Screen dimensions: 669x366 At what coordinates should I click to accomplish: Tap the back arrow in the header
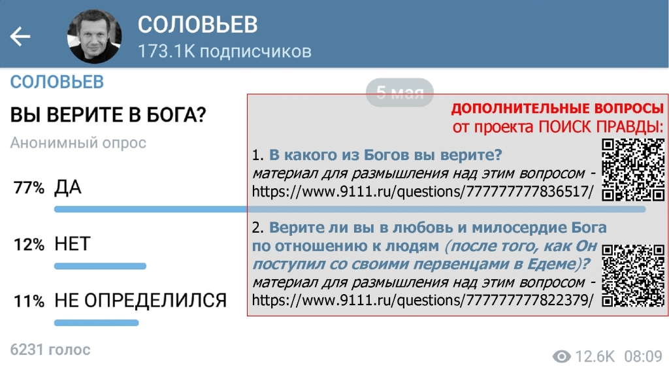(x=20, y=36)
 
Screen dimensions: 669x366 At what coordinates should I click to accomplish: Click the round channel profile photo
(x=94, y=36)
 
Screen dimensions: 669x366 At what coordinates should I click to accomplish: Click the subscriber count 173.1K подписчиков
(x=225, y=52)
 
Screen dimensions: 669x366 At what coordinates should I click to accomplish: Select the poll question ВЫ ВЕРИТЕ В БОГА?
(x=108, y=115)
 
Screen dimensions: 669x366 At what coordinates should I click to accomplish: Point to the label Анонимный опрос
(x=78, y=143)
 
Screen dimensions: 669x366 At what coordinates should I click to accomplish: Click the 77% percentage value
(x=29, y=188)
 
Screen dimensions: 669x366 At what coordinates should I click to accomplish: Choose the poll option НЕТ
(x=73, y=244)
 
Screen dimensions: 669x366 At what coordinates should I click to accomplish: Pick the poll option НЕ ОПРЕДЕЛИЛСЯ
(x=140, y=301)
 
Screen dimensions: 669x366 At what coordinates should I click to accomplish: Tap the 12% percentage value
(x=29, y=245)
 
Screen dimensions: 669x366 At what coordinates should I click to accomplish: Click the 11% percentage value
(x=29, y=301)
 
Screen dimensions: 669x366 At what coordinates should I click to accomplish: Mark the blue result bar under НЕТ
(x=100, y=266)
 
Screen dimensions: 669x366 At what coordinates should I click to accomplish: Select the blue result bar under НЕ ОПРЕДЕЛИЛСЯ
(x=97, y=323)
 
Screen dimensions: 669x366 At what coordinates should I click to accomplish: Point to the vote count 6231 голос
(x=50, y=350)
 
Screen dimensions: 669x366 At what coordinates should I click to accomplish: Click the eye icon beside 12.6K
(x=561, y=356)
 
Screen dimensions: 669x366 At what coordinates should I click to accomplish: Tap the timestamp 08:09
(x=643, y=356)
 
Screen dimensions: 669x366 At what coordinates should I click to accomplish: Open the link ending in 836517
(x=423, y=191)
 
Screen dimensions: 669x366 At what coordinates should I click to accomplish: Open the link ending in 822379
(x=423, y=300)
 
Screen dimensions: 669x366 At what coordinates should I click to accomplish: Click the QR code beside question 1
(x=633, y=170)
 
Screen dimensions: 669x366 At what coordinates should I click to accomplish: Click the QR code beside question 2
(x=633, y=276)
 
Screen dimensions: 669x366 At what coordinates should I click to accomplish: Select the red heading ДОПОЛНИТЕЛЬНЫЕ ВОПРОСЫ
(x=557, y=108)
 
